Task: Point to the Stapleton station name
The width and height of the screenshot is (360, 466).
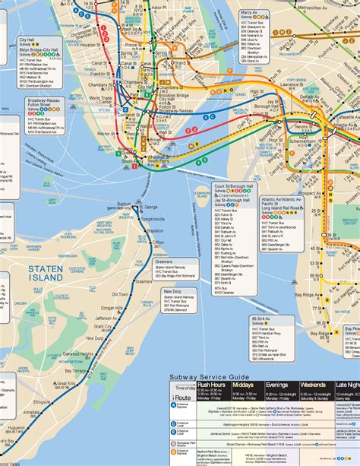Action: click(x=155, y=229)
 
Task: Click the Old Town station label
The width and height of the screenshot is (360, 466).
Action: click(x=120, y=293)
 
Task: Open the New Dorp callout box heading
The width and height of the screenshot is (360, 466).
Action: click(x=173, y=291)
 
